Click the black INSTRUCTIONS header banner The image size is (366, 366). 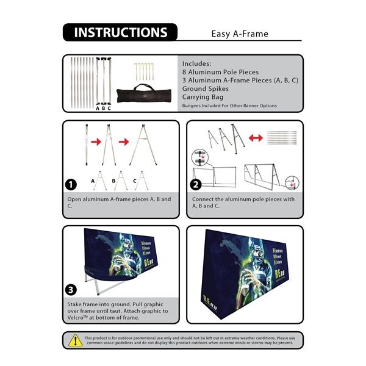tap(120, 32)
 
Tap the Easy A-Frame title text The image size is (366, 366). tap(240, 34)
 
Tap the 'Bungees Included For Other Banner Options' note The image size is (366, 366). tap(229, 106)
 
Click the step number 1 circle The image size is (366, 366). tap(72, 185)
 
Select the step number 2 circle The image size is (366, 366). tap(196, 185)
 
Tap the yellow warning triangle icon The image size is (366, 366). tap(76, 340)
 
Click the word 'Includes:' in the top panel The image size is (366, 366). tap(197, 63)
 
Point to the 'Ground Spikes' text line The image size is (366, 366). tap(206, 88)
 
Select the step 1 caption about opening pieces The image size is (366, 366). tap(119, 203)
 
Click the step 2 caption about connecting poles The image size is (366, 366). tap(243, 203)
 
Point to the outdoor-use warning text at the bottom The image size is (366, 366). tap(190, 340)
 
